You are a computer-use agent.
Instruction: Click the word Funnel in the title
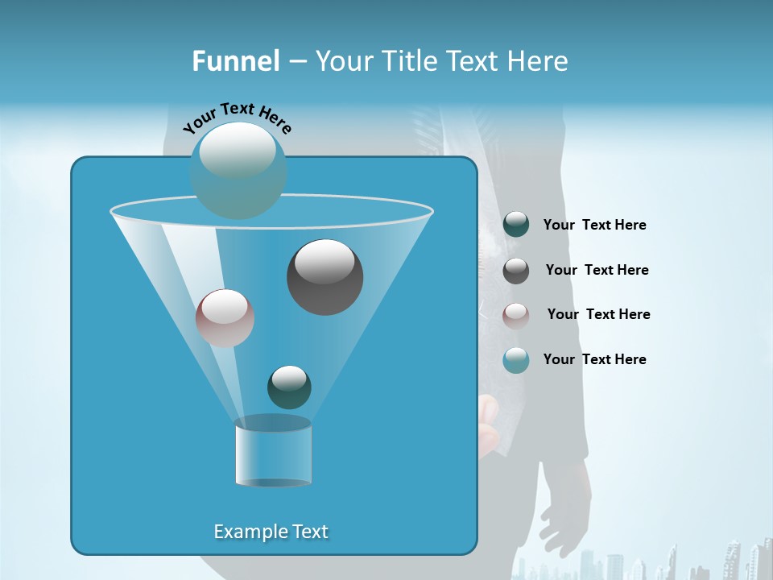235,61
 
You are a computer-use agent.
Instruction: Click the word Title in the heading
414,61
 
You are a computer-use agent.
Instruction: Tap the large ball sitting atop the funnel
238,170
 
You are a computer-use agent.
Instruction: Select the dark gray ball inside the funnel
324,277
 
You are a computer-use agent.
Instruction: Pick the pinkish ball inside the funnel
225,318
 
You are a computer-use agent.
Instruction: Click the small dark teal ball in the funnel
289,387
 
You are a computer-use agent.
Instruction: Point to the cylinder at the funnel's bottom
273,453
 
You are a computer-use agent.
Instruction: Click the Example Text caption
271,532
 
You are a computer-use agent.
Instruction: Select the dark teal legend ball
516,225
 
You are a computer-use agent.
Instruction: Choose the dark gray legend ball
516,271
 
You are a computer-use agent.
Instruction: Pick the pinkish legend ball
516,315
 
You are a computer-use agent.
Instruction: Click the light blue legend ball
516,360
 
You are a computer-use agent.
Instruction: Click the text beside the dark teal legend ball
594,226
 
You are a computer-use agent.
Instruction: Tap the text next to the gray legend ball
597,271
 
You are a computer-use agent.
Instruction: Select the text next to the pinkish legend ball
598,315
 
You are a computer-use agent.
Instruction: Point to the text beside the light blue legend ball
594,360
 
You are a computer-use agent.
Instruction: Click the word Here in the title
539,61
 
